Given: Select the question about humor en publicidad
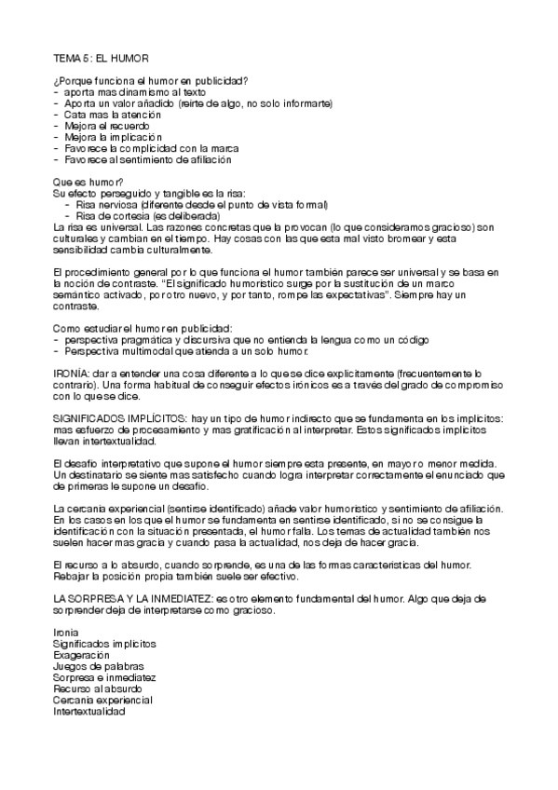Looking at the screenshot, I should click(x=150, y=82).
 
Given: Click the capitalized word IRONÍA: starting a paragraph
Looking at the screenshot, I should click(x=72, y=373).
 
